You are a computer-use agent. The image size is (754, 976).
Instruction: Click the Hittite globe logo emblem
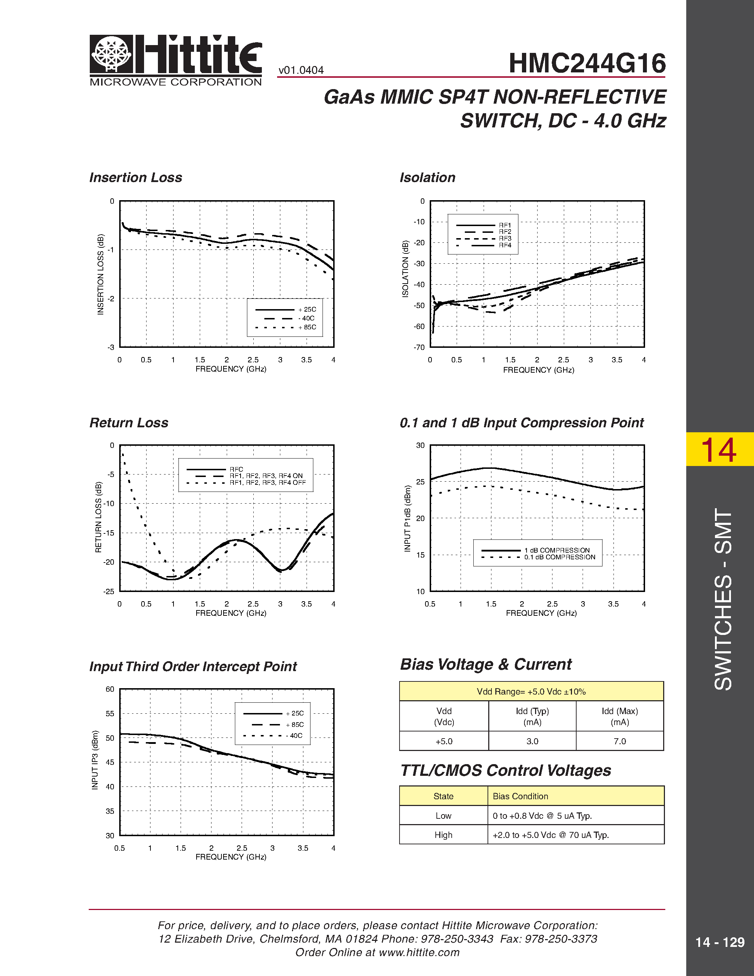(x=111, y=54)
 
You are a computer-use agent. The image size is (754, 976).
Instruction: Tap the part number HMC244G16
(x=587, y=64)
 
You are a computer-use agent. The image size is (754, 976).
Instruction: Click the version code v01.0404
(x=301, y=70)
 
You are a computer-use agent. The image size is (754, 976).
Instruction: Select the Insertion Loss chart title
(x=136, y=177)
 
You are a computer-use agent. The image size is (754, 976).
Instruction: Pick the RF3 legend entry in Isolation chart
(x=505, y=238)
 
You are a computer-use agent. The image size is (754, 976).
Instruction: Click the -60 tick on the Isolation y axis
(x=419, y=327)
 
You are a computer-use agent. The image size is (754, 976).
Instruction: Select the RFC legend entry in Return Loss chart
(x=236, y=469)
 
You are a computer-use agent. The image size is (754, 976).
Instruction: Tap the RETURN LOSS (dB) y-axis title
(x=99, y=517)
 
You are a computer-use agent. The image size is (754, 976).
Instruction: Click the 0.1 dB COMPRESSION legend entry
(x=559, y=557)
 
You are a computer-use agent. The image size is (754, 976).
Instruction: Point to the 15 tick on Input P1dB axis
(x=420, y=555)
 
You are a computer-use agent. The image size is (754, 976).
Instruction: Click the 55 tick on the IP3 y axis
(x=110, y=714)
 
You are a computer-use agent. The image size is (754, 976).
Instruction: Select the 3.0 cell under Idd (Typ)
(x=532, y=741)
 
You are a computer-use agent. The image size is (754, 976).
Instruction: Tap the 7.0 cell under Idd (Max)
(x=620, y=741)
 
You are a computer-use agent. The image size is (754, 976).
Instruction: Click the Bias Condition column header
(x=520, y=796)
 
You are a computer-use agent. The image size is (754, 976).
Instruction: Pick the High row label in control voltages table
(x=443, y=835)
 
